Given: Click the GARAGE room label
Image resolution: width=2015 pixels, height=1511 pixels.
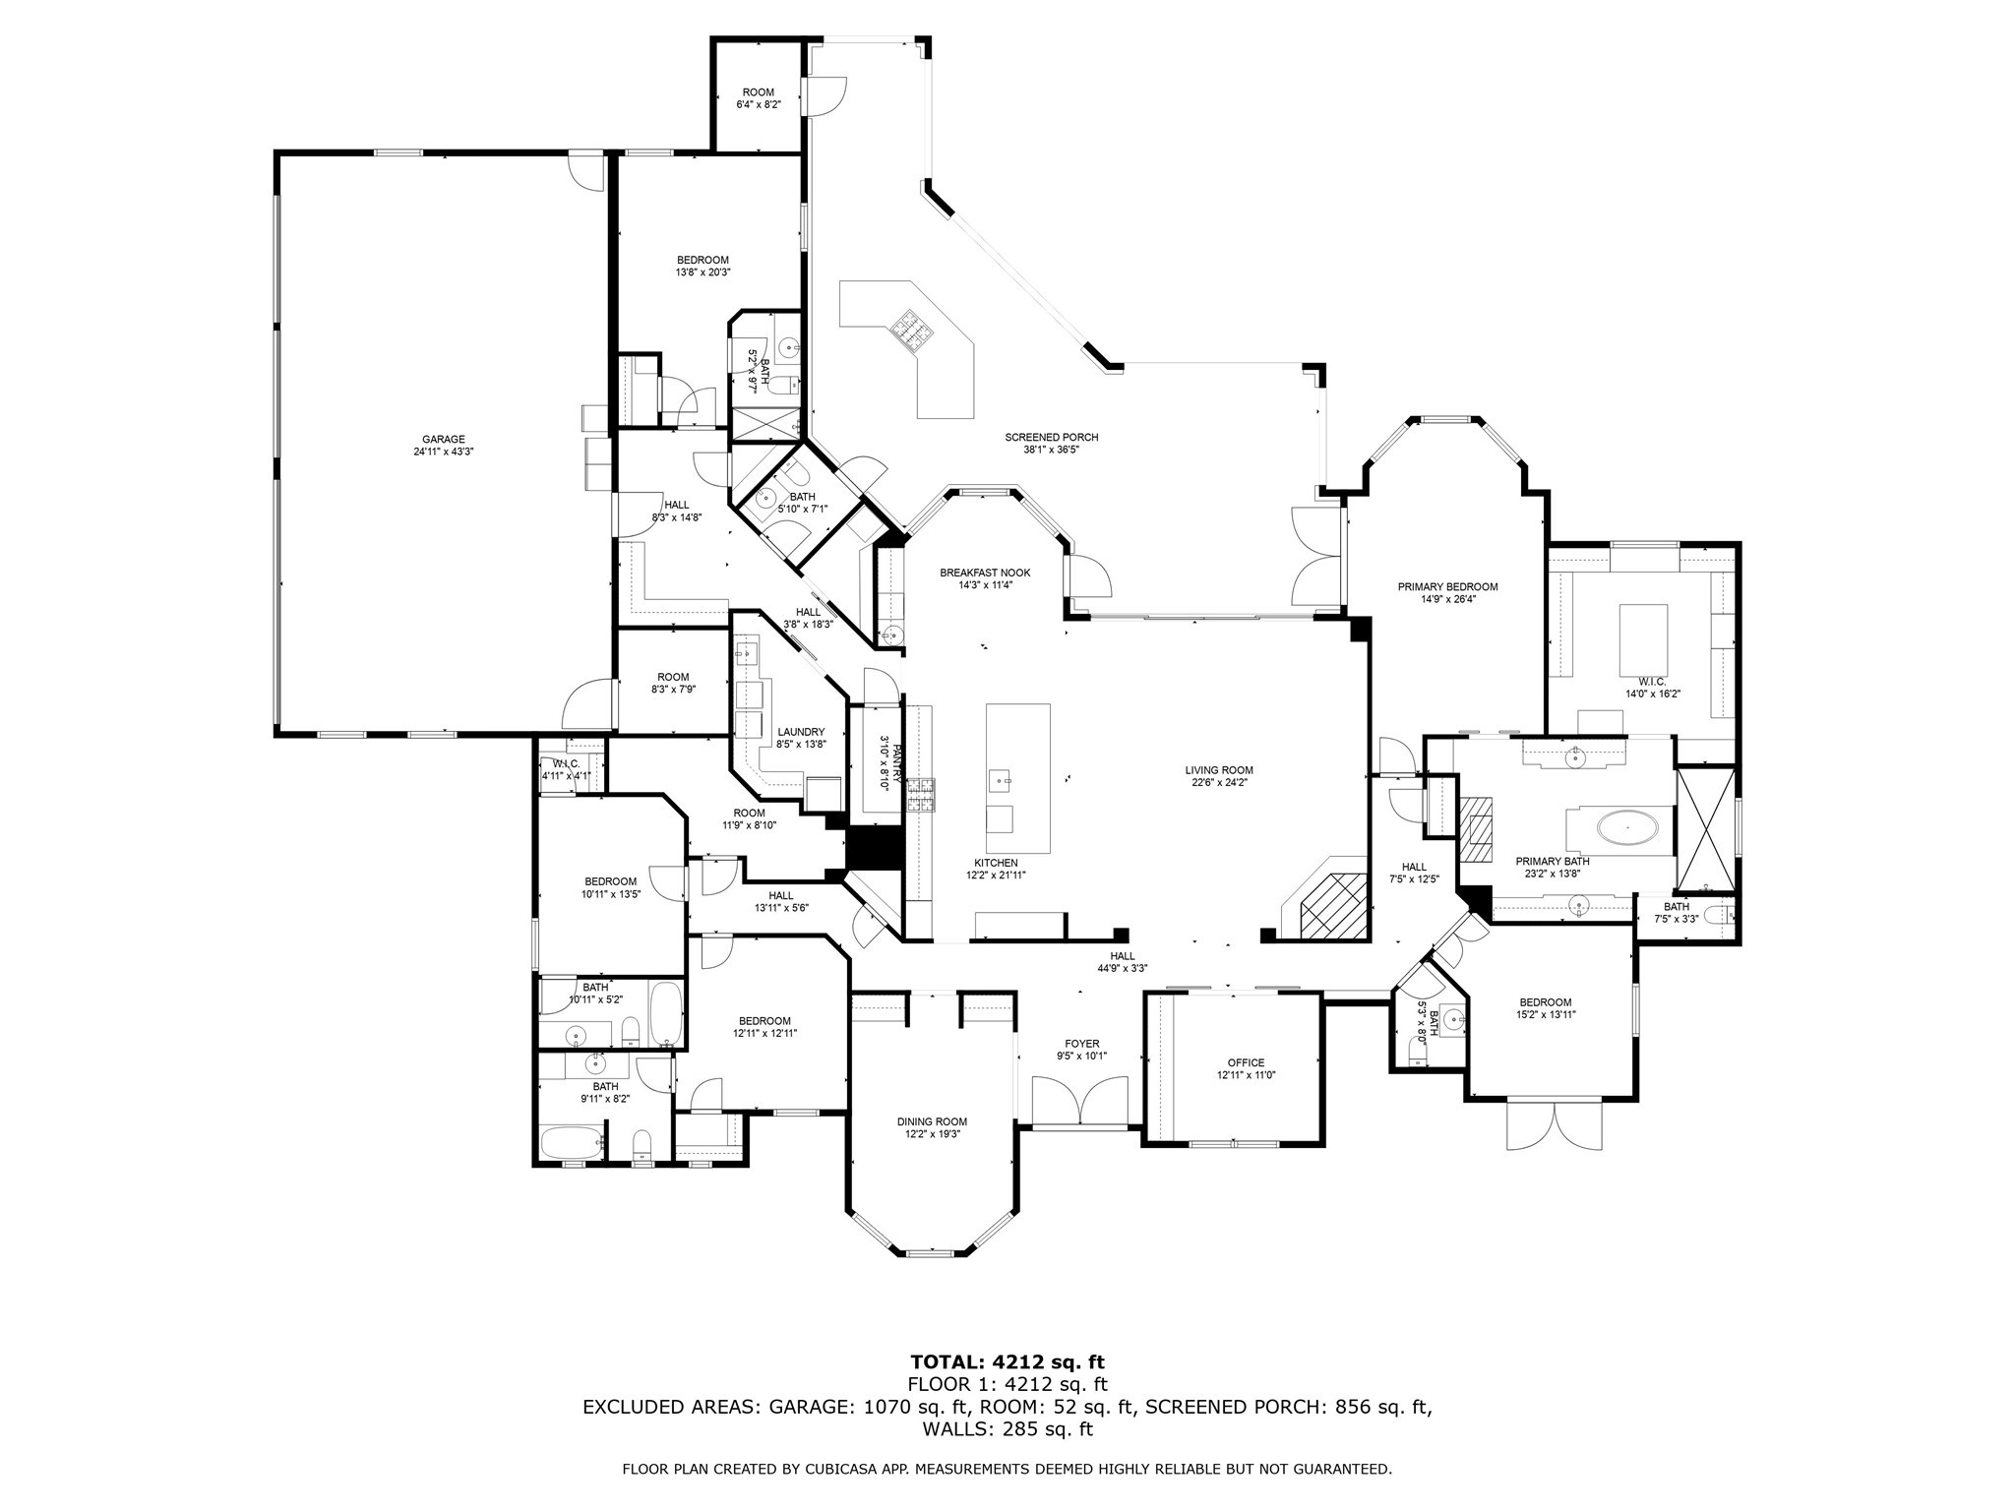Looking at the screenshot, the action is pos(443,440).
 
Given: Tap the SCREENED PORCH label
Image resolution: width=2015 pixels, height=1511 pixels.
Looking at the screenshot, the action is pos(1051,438).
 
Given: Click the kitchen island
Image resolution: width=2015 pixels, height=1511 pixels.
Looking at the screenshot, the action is pos(1018,778).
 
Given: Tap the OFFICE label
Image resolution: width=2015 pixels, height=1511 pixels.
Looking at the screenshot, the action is pos(1246,1062).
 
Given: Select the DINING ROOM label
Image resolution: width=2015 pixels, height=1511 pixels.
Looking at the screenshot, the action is pos(932,1121).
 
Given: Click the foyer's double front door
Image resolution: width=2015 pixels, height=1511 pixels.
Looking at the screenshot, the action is pos(1079,1100).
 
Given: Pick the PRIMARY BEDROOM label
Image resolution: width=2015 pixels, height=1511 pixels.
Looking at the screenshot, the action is pos(1447,587).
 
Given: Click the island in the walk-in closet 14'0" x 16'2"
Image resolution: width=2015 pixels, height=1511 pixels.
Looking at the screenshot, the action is pos(1644,635).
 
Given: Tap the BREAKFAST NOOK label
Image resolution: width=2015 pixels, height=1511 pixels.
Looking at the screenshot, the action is pos(985,573).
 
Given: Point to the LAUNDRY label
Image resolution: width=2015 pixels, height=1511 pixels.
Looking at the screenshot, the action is pos(800,732).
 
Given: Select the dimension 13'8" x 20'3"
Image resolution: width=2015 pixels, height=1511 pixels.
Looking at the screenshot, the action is pos(702,272).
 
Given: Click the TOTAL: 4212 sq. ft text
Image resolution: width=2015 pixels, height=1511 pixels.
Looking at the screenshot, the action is pos(1007,1362).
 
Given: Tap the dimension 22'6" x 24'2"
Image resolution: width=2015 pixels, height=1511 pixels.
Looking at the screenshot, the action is pos(1219,783).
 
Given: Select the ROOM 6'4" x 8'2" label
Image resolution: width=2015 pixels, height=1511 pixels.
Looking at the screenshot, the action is pos(759,97).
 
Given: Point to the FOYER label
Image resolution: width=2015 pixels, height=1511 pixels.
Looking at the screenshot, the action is pos(1082,1044).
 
